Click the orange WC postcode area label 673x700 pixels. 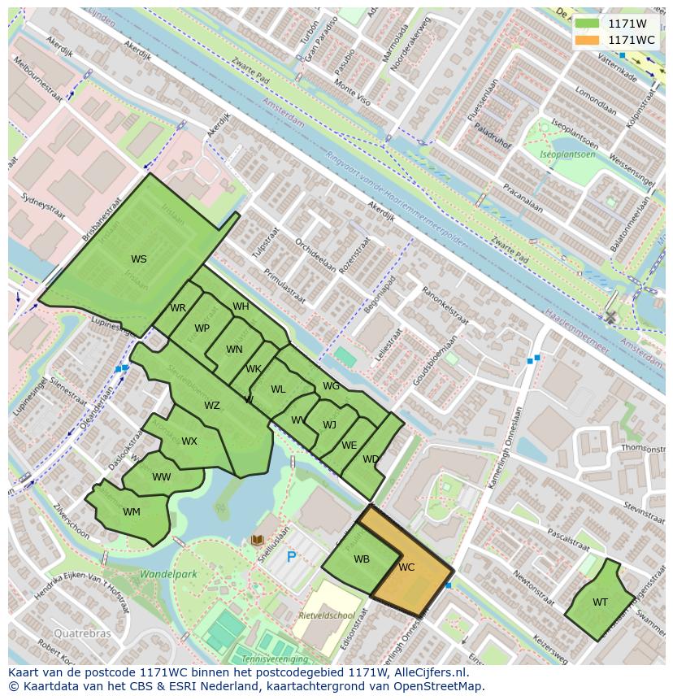pos(406,567)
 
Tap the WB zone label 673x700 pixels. pos(362,559)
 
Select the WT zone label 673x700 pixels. pos(600,602)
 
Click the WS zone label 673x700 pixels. pos(139,259)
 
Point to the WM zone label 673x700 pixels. pos(132,512)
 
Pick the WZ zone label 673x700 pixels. pos(211,406)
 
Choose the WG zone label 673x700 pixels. pos(331,386)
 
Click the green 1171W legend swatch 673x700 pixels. pos(586,24)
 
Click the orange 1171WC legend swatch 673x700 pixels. pos(586,40)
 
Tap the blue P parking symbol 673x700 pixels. pos(291,558)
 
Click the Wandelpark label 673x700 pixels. pos(168,574)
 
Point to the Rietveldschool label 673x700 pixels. pos(325,615)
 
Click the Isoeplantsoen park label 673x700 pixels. pos(568,154)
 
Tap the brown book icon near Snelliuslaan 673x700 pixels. pos(258,540)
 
